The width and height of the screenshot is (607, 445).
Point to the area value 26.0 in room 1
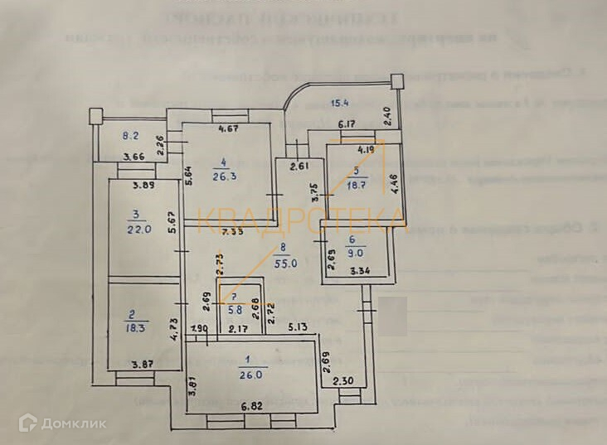coord(251,374)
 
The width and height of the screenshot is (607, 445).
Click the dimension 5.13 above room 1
coord(299,328)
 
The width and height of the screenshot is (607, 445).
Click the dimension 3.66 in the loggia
coord(134,157)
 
